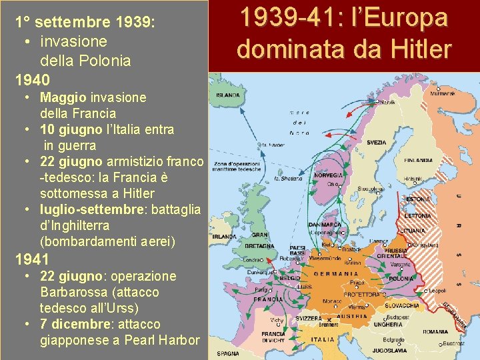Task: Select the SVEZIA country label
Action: [376, 142]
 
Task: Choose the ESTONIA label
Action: [419, 199]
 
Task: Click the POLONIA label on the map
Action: [402, 278]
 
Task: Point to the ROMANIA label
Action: [435, 331]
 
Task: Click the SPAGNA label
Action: [228, 353]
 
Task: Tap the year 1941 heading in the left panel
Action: [32, 259]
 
